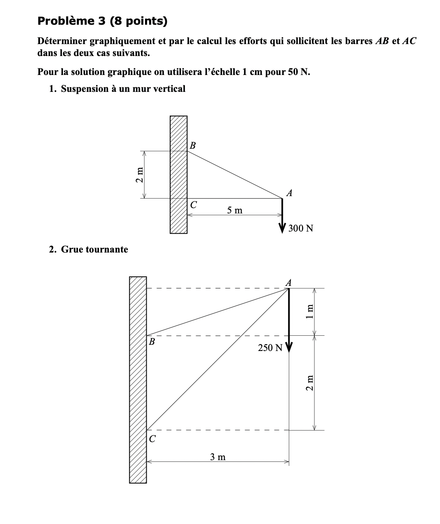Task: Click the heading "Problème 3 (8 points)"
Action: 102,21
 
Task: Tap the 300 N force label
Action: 301,228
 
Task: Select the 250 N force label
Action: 270,348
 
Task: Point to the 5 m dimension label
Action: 235,211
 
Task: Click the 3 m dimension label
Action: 218,456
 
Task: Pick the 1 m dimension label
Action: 310,311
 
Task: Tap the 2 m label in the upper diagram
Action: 140,175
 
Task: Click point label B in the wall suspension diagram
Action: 192,145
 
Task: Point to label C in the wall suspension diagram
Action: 193,204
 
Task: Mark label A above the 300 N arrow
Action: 289,193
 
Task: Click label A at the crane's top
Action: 289,283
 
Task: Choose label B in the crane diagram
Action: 152,342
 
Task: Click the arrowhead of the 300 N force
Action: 282,228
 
